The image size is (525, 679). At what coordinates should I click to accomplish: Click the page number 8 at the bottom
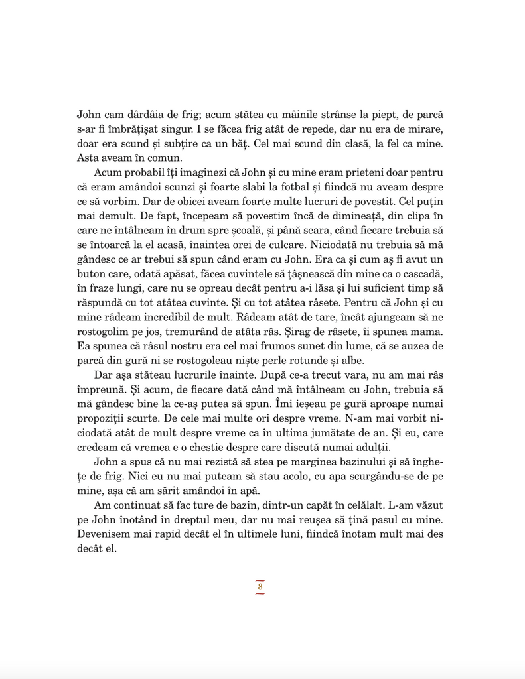click(x=260, y=587)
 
